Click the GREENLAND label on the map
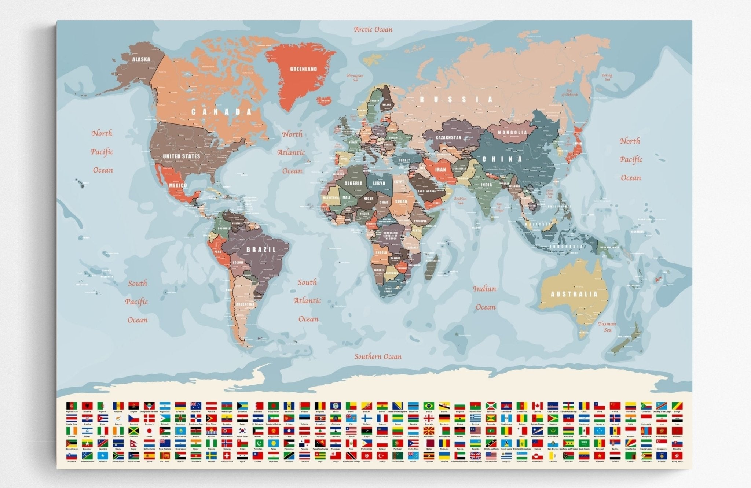303,69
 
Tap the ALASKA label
141,59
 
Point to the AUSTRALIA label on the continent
574,294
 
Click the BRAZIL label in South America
261,249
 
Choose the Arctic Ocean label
373,30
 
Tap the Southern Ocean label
378,356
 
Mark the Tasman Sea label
607,326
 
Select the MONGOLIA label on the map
512,132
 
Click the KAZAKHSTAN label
448,138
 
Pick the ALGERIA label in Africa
353,183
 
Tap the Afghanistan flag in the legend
72,406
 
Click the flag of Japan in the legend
149,431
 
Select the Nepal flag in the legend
133,443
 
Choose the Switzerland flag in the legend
227,456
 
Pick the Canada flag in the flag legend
537,406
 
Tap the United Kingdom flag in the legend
475,456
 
